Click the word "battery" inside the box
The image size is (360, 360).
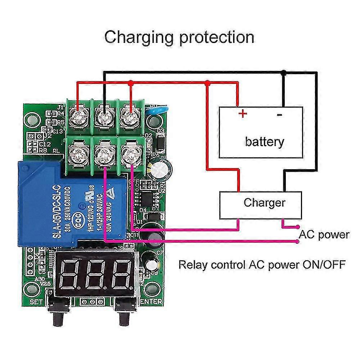[264, 141]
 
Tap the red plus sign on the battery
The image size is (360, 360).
[243, 114]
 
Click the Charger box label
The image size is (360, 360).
[264, 202]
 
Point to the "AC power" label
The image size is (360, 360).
[324, 235]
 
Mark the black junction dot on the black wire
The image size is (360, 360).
[284, 73]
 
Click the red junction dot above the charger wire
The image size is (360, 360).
[207, 83]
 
